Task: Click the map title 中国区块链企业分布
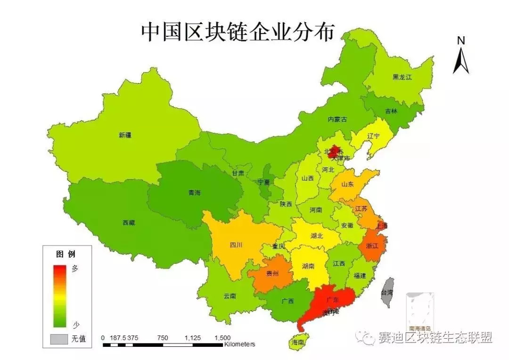[x=238, y=32]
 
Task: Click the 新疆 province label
[x=125, y=135]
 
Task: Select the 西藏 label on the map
[x=129, y=222]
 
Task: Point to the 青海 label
[x=194, y=193]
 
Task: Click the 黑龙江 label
[x=402, y=77]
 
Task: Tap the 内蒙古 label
[x=337, y=120]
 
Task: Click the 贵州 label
[x=272, y=273]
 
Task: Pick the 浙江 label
[x=372, y=245]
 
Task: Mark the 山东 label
[x=347, y=185]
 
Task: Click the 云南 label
[x=230, y=296]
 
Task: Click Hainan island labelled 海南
[x=298, y=341]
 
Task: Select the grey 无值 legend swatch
[x=59, y=338]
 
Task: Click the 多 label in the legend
[x=75, y=269]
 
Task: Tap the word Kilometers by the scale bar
[x=239, y=344]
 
